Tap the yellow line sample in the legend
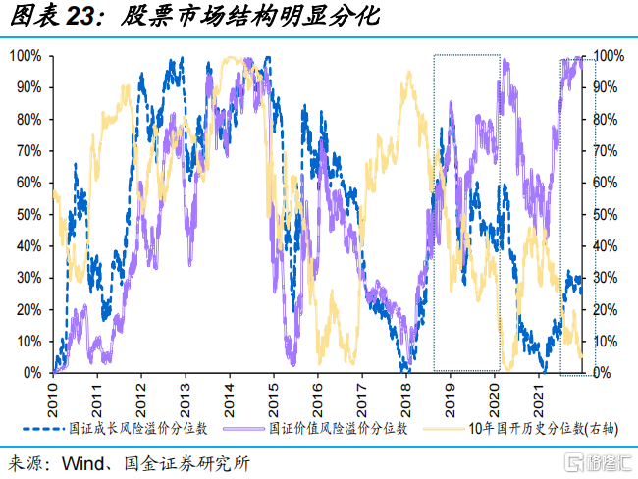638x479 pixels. pyautogui.click(x=442, y=428)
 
